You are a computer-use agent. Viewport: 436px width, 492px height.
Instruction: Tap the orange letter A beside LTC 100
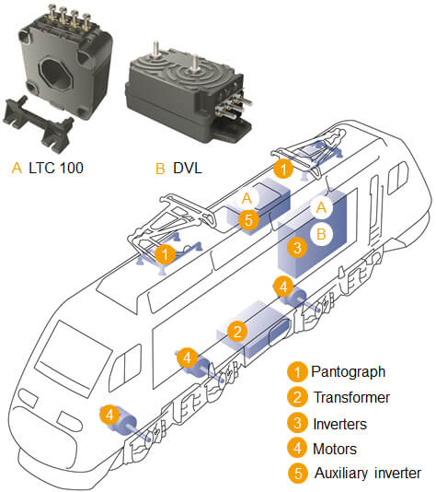click(x=17, y=169)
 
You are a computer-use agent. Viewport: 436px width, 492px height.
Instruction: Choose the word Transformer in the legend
click(x=354, y=398)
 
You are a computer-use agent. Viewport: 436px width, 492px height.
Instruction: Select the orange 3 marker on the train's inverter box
click(x=296, y=247)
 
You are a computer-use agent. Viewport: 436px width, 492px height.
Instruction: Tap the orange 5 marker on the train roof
click(x=247, y=220)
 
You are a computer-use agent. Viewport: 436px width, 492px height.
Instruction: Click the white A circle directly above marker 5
click(x=247, y=198)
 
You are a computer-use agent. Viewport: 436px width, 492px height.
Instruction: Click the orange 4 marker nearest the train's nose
click(x=110, y=416)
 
